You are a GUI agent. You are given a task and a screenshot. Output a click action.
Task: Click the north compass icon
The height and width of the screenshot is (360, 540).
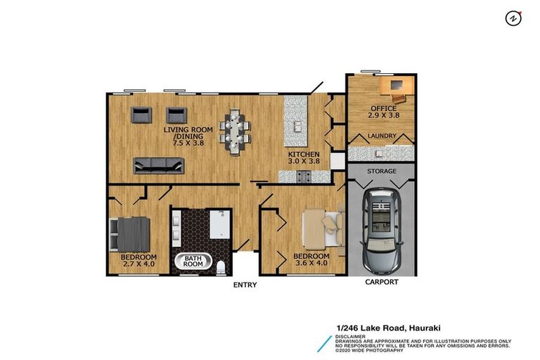513,18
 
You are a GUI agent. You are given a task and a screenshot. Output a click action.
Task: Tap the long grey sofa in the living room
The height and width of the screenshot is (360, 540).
160,166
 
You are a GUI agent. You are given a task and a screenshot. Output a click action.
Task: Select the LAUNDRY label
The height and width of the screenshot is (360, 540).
382,136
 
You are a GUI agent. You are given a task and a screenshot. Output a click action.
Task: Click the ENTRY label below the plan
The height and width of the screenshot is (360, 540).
245,285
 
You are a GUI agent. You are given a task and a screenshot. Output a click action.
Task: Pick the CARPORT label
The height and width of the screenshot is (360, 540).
382,282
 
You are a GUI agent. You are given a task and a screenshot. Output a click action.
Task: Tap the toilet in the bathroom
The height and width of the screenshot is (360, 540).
221,266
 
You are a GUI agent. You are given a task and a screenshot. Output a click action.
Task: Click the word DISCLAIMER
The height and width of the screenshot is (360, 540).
352,336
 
